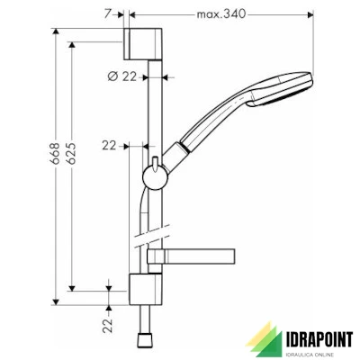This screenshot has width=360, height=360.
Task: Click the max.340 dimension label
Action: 220,14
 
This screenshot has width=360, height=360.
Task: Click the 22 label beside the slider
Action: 110,144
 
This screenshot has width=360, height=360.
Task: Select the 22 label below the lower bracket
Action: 109,323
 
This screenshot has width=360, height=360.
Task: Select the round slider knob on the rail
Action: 154,172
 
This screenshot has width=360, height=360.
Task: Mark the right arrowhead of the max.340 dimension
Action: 309,15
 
